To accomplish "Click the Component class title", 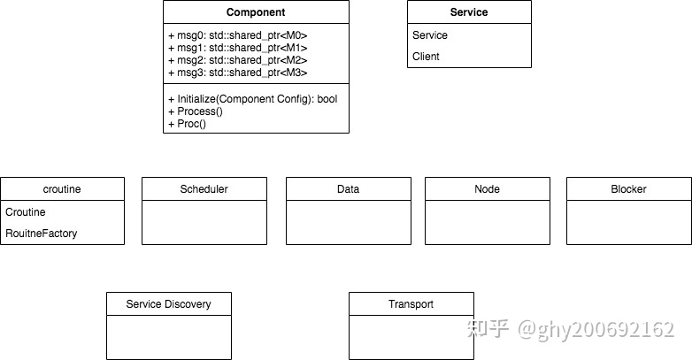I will coord(256,12).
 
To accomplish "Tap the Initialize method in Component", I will coord(252,99).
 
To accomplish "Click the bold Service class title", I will coord(469,12).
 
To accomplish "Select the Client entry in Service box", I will coord(426,57).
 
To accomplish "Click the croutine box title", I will coord(62,189).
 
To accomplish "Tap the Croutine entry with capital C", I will coord(26,212).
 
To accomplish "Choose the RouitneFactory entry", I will coord(42,234).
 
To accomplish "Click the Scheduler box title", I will coord(204,189).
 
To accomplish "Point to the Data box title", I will coord(348,189).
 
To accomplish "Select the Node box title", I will coord(487,189).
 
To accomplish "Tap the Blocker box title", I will coord(628,189).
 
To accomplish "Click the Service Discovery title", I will coord(168,304).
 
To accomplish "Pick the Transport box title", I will coord(411,304).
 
